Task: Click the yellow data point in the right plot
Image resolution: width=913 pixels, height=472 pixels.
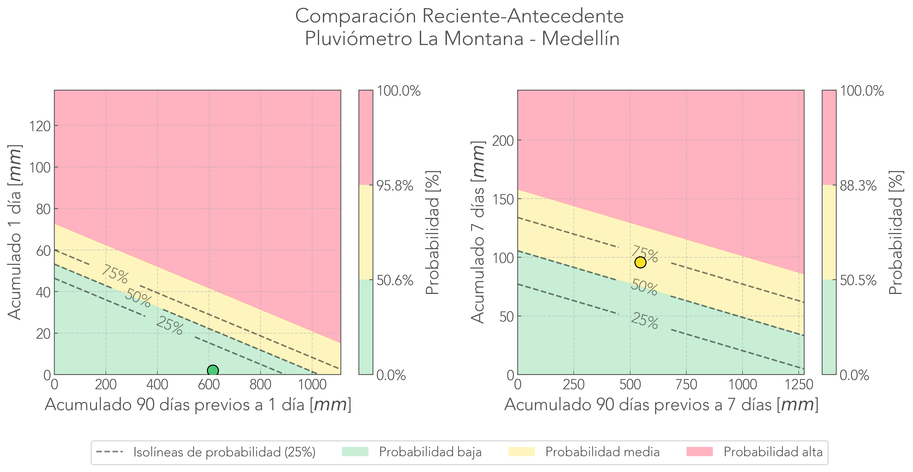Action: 640,263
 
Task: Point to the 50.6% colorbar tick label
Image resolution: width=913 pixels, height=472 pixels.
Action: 394,281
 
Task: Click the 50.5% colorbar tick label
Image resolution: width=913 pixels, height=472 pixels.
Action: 858,281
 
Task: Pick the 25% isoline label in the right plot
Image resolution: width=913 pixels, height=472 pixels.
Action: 644,321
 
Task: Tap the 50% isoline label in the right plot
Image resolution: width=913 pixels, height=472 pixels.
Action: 644,287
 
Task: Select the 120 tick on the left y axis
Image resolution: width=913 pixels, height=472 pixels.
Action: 40,126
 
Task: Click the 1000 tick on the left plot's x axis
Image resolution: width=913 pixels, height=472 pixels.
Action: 312,385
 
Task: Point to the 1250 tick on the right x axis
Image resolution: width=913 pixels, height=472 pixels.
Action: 799,385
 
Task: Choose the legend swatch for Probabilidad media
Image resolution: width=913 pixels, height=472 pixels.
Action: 521,452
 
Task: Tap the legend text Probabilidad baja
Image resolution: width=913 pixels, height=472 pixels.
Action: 430,452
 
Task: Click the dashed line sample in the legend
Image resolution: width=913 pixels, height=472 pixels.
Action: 109,452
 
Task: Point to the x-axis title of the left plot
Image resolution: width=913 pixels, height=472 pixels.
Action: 198,405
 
